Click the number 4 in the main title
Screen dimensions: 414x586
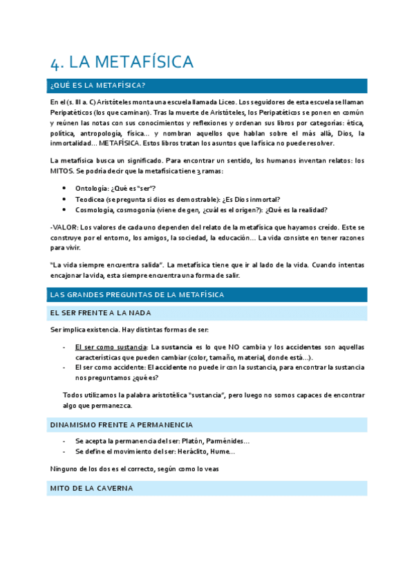[56, 62]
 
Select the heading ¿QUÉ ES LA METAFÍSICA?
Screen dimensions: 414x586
[97, 86]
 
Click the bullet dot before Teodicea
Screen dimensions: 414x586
[64, 200]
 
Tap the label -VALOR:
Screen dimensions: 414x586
[64, 227]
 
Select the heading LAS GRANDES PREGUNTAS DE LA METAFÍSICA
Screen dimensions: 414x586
[137, 294]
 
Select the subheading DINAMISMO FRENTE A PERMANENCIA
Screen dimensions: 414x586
[121, 424]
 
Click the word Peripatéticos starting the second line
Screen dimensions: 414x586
[73, 113]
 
